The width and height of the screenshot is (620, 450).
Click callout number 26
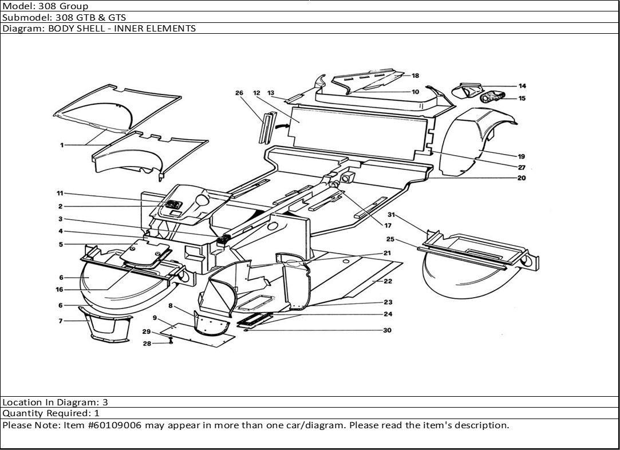239,93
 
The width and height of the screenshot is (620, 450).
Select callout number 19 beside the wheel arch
521,156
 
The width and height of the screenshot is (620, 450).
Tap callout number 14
522,86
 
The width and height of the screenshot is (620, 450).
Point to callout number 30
388,330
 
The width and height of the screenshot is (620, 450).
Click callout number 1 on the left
62,145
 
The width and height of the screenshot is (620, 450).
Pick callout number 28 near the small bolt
147,344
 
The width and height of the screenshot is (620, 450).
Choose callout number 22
388,281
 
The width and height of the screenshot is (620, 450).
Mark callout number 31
391,215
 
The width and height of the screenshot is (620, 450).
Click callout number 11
60,193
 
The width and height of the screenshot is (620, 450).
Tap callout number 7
61,321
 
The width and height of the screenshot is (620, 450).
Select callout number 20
521,178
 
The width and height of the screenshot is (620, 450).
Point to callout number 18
415,76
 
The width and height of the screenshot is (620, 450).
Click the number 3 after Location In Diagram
105,402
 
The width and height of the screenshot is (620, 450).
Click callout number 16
60,290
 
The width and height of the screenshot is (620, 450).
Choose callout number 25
390,239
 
